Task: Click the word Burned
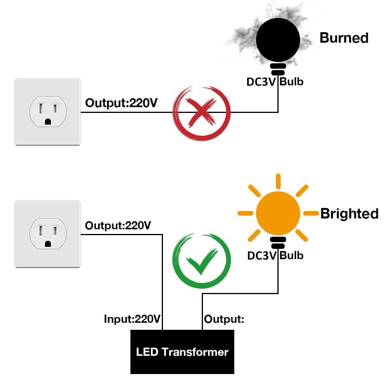coord(344,38)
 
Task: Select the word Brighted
coord(349,214)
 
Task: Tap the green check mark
coord(201,261)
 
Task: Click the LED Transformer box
coord(182,352)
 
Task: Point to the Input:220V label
coord(132,319)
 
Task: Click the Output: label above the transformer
coord(224,319)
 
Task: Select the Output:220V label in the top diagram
coord(121,103)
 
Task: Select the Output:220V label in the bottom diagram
coord(118,225)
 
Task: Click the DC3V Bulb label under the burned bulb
coord(275,82)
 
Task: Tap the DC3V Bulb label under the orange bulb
coord(275,256)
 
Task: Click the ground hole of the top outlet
coord(48,121)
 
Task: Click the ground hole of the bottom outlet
coord(48,244)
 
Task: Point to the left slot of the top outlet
coord(40,107)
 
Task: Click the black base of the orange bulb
coord(278,243)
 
